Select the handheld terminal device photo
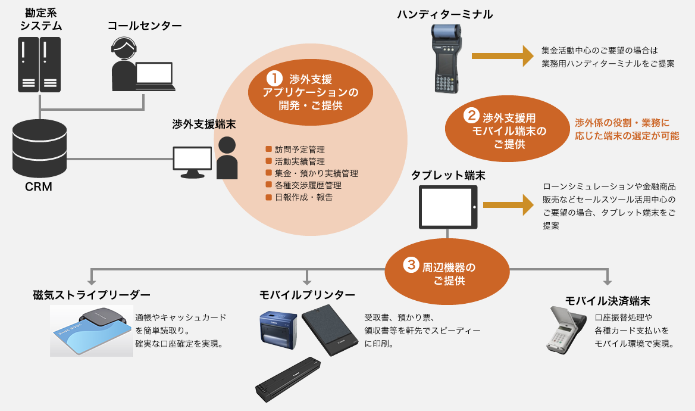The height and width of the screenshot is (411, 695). coord(446,58)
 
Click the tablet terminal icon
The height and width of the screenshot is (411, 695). coord(448,207)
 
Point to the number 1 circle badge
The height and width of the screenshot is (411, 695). coord(274,79)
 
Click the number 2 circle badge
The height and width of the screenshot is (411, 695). coord(471,116)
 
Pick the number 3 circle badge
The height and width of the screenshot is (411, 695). coord(411,265)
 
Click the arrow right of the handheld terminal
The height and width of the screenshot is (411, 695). coord(503,56)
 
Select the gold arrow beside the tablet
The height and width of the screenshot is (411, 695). coord(508,205)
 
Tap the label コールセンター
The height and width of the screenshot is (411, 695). coord(145,26)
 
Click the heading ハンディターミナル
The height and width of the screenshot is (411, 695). coord(444,15)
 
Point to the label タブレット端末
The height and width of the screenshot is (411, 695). coord(448,175)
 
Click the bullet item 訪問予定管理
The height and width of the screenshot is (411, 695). coord(295,150)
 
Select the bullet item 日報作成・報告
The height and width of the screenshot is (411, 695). coord(299,197)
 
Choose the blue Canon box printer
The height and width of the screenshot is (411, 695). coord(278,330)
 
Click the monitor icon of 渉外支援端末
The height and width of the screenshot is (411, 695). coord(192,162)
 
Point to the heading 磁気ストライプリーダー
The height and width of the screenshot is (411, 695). coord(92,295)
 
